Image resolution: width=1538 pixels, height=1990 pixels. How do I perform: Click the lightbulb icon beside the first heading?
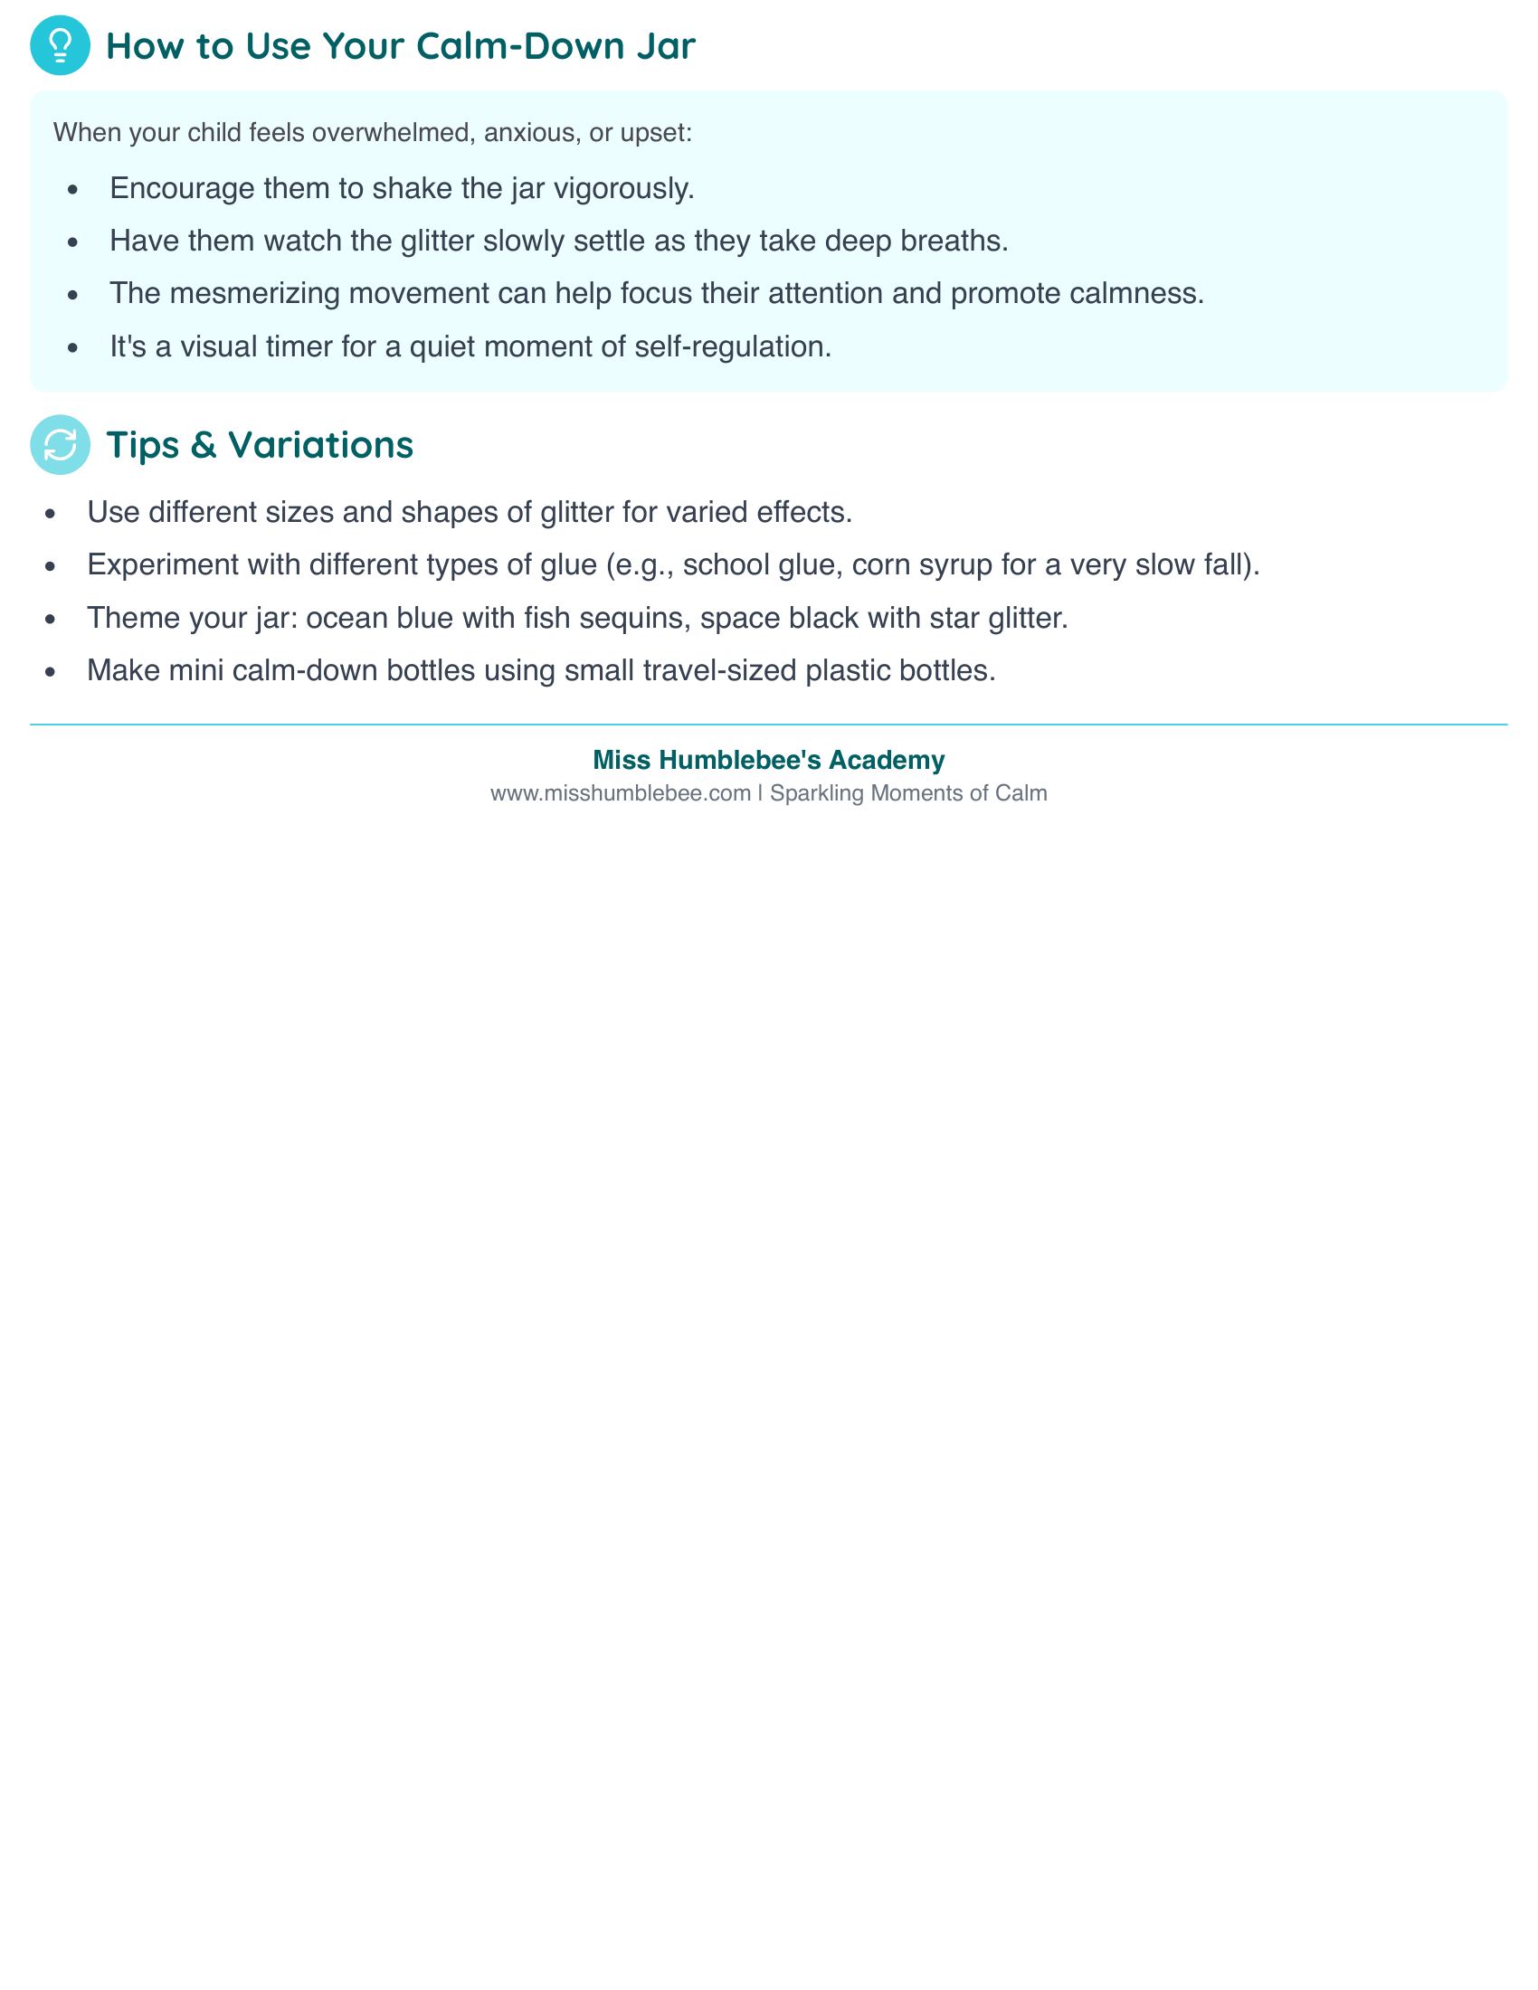click(x=60, y=45)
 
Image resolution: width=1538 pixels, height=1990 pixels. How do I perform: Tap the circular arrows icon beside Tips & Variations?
click(x=60, y=445)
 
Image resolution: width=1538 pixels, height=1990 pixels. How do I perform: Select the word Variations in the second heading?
click(x=321, y=445)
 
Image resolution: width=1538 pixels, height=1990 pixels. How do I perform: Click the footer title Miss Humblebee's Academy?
click(x=768, y=760)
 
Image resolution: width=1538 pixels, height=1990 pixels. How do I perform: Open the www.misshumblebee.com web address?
click(x=620, y=793)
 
